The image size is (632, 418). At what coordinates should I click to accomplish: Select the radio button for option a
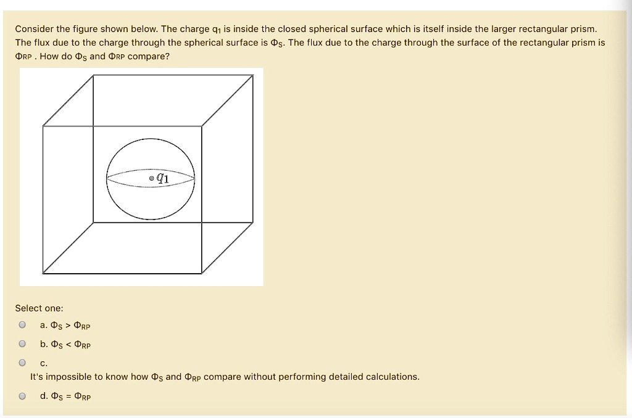(x=22, y=325)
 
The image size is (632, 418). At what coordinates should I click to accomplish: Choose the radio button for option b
(x=22, y=344)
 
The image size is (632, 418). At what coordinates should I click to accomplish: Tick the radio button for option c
(x=22, y=363)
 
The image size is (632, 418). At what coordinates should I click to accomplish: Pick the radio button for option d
(x=22, y=396)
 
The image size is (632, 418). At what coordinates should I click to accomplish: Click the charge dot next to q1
(x=152, y=179)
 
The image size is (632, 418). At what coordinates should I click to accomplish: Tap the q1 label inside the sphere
(x=162, y=178)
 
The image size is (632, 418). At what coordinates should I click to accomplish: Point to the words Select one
(x=39, y=308)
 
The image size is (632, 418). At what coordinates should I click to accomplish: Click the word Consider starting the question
(x=34, y=29)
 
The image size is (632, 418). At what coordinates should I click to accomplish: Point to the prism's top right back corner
(x=254, y=76)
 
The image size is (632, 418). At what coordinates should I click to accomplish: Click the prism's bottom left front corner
(x=43, y=273)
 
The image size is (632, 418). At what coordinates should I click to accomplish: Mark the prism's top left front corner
(x=43, y=126)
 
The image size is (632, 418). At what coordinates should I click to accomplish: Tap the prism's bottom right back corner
(x=254, y=223)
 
